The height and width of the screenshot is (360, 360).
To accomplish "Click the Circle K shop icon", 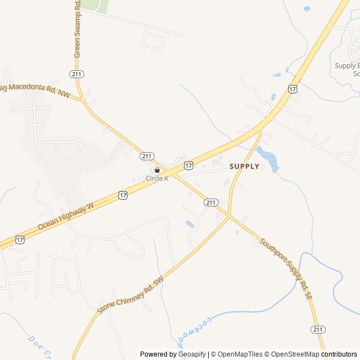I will point(157,170).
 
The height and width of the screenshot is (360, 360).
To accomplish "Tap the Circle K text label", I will point(157,178).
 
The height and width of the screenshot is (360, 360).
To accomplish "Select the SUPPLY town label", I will point(245,166).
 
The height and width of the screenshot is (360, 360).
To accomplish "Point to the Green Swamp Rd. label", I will point(77,29).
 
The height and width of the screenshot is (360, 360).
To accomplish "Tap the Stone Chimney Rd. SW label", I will point(130,295).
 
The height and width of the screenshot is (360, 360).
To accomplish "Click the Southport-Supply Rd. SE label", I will point(286,269).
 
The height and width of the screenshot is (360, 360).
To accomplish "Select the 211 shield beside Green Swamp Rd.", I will point(77,74).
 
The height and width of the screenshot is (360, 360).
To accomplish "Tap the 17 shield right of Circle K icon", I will point(188,165).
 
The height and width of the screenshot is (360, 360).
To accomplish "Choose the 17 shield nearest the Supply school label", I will point(292,88).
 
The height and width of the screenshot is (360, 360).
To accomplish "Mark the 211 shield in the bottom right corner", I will point(317,329).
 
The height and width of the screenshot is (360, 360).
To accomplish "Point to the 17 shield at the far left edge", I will point(20,239).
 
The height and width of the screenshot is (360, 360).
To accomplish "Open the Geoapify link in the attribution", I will point(192,354).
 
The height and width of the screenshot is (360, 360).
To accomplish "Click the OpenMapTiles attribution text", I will point(237,354).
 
